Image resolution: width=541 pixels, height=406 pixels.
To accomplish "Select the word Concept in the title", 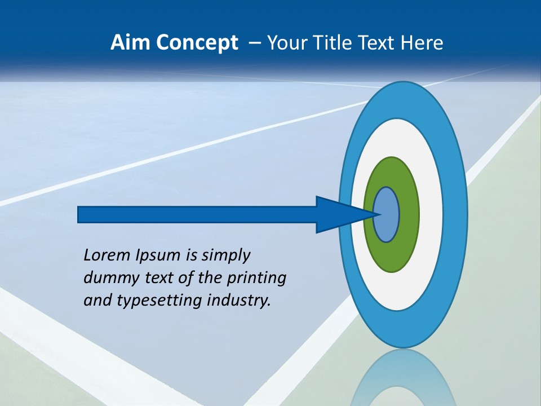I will point(197,43).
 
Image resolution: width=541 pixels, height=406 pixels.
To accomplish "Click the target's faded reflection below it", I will point(403,378).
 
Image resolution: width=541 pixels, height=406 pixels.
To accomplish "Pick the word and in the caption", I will point(97,301).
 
